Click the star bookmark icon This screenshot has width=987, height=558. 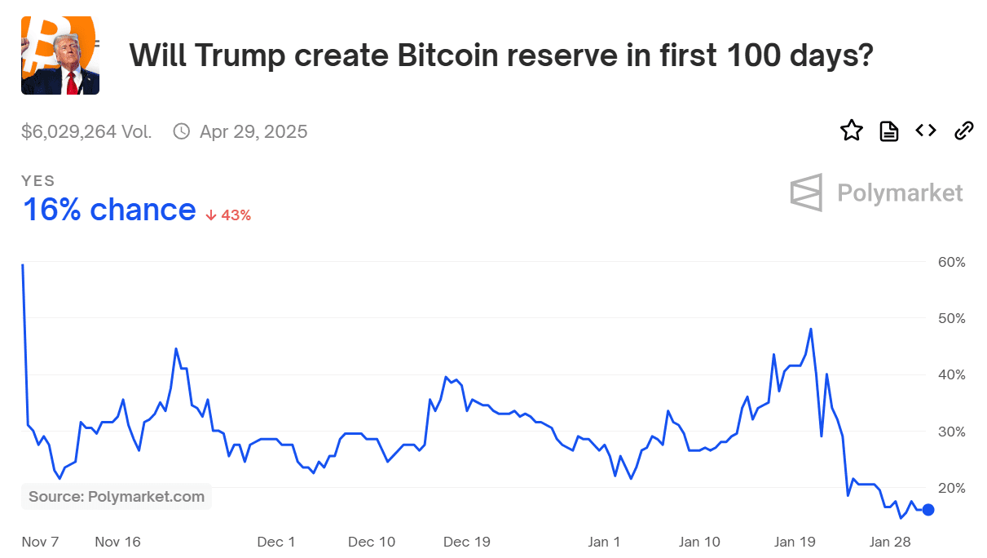click(x=852, y=131)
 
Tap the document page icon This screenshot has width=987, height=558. click(x=888, y=131)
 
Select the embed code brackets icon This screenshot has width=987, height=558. click(x=926, y=131)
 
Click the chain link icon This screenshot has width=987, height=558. click(x=964, y=131)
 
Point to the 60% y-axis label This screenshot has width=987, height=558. click(x=951, y=262)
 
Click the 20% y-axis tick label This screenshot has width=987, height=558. click(x=951, y=488)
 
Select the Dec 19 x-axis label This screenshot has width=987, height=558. click(x=468, y=542)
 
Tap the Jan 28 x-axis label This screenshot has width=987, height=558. click(x=890, y=542)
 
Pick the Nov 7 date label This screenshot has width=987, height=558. click(x=40, y=542)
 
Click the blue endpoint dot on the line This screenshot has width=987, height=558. click(x=928, y=510)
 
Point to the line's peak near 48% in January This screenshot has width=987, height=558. click(x=811, y=329)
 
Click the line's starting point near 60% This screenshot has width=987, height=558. click(x=23, y=265)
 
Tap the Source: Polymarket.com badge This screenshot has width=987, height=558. click(x=117, y=497)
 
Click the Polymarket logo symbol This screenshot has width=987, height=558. click(x=806, y=193)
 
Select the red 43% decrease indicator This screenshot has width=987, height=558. click(x=228, y=215)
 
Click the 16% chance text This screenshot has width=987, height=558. click(x=108, y=210)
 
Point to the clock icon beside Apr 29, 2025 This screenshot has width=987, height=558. click(x=182, y=131)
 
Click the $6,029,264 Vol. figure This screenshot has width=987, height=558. click(x=86, y=131)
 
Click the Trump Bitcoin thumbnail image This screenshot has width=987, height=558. click(x=60, y=55)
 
